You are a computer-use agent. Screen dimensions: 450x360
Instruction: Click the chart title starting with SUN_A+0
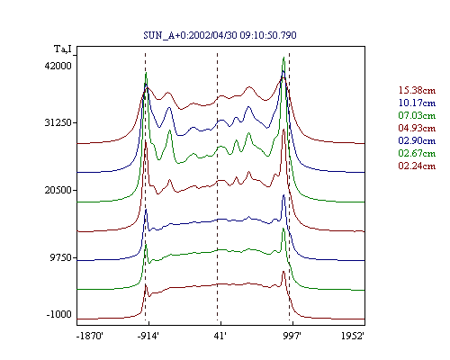click(220, 35)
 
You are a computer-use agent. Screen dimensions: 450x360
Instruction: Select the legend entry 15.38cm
click(417, 90)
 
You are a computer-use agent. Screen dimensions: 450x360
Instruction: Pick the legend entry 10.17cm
click(417, 103)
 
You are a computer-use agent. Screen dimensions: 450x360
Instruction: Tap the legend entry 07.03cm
click(417, 115)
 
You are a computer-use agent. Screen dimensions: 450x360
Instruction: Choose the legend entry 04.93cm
click(417, 128)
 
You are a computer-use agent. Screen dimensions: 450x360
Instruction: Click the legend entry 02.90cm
click(417, 140)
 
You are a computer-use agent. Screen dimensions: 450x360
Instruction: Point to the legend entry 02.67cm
click(417, 153)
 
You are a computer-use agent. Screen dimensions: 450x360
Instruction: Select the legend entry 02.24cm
click(417, 166)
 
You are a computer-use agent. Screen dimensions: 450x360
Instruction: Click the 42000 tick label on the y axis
click(58, 66)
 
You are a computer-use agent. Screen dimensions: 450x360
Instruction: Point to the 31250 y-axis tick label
click(58, 122)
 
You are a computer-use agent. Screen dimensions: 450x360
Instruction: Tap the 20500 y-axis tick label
click(58, 190)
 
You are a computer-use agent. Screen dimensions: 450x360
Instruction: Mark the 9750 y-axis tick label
click(60, 257)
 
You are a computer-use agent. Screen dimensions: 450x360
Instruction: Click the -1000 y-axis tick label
click(58, 314)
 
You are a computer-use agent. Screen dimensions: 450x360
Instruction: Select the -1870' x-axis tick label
click(90, 336)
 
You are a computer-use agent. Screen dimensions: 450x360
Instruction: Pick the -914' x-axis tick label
click(148, 336)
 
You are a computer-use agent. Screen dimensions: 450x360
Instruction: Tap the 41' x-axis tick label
click(220, 336)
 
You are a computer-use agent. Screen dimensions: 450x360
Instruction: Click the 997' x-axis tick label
click(292, 336)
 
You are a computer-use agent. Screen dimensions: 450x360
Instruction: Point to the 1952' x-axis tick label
click(353, 336)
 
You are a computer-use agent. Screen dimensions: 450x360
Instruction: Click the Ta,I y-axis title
click(63, 49)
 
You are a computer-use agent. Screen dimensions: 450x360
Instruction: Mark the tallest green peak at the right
click(283, 57)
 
